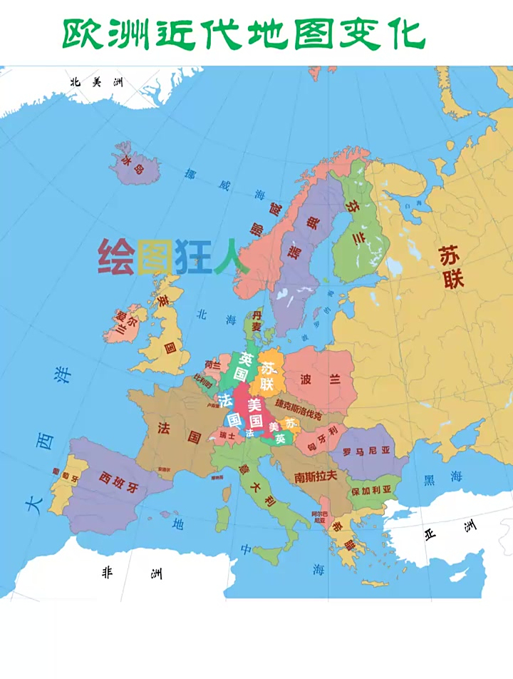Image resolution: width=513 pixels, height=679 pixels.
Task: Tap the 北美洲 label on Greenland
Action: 97,83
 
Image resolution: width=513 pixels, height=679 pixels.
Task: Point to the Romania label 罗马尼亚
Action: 367,451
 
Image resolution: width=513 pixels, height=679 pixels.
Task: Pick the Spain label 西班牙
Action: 120,483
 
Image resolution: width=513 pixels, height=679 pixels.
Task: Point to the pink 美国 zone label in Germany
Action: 256,412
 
